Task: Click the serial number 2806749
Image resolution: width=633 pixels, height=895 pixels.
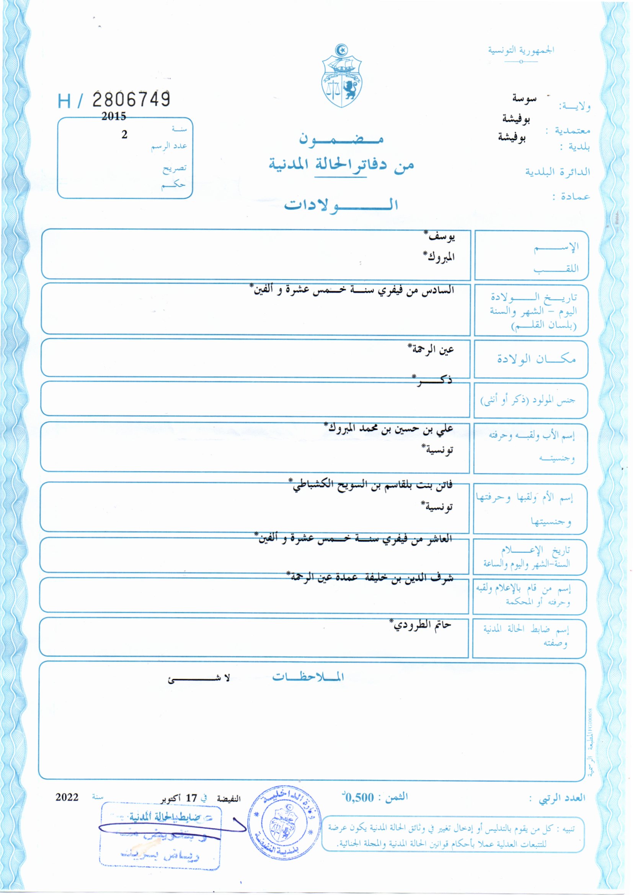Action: coord(131,100)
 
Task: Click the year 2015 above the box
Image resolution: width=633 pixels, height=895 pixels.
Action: coord(113,116)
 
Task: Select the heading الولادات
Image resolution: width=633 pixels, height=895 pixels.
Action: coord(341,205)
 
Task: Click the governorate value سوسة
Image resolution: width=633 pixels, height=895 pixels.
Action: coord(524,98)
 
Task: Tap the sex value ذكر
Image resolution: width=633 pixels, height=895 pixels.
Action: coord(433,380)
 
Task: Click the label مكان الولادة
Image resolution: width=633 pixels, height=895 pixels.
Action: coord(536,359)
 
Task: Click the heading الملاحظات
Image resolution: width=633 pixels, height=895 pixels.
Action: coord(308,677)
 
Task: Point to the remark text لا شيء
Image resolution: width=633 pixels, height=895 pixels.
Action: coord(199,679)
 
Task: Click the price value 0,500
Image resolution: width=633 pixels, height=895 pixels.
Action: coord(359,797)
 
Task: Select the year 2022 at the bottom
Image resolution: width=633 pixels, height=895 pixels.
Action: coord(67,797)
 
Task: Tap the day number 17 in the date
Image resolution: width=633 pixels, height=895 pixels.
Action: coord(191,798)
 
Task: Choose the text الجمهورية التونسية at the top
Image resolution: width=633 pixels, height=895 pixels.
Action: coord(521,50)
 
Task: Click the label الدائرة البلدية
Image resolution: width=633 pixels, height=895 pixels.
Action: coord(557,172)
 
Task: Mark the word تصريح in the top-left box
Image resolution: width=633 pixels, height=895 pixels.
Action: coord(175,168)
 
